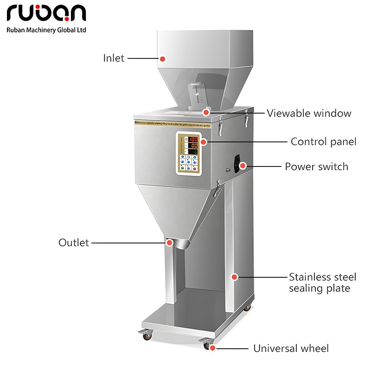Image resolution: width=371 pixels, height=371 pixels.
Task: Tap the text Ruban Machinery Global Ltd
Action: click(46, 30)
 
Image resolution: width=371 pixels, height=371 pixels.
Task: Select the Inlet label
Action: click(114, 58)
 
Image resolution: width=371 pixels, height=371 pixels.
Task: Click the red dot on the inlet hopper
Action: click(163, 59)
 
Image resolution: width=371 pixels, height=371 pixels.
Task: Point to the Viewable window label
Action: click(309, 113)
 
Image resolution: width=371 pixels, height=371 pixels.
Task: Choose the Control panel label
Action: click(323, 141)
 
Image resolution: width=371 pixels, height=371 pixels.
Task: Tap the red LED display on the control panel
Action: click(192, 139)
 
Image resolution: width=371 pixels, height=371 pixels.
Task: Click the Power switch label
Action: click(316, 166)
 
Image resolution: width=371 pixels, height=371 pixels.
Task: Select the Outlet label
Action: click(73, 243)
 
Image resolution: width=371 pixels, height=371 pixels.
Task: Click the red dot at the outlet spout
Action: click(169, 242)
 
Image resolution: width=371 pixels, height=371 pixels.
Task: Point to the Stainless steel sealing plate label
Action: click(322, 282)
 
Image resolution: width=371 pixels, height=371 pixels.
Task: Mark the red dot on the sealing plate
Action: click(235, 277)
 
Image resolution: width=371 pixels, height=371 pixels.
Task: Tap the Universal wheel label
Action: click(291, 348)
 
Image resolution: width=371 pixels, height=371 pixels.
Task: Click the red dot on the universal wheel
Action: click(212, 347)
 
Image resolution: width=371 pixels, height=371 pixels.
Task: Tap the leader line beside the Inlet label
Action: click(142, 59)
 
